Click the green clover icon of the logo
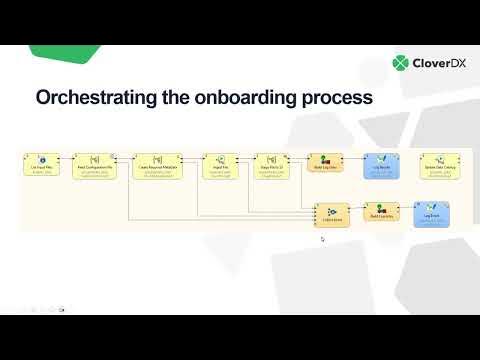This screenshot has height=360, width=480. click(402, 63)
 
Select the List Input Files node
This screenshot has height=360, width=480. click(42, 164)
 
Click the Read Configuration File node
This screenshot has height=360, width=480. click(97, 164)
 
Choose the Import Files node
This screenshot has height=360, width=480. click(218, 164)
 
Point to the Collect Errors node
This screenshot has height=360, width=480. click(331, 215)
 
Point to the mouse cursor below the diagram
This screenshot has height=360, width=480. click(322, 239)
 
